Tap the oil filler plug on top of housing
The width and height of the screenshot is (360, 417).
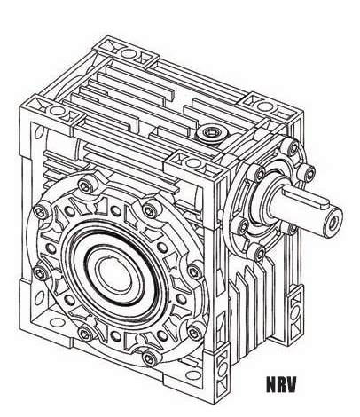[212, 133]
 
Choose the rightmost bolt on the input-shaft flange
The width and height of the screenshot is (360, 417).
[308, 170]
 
